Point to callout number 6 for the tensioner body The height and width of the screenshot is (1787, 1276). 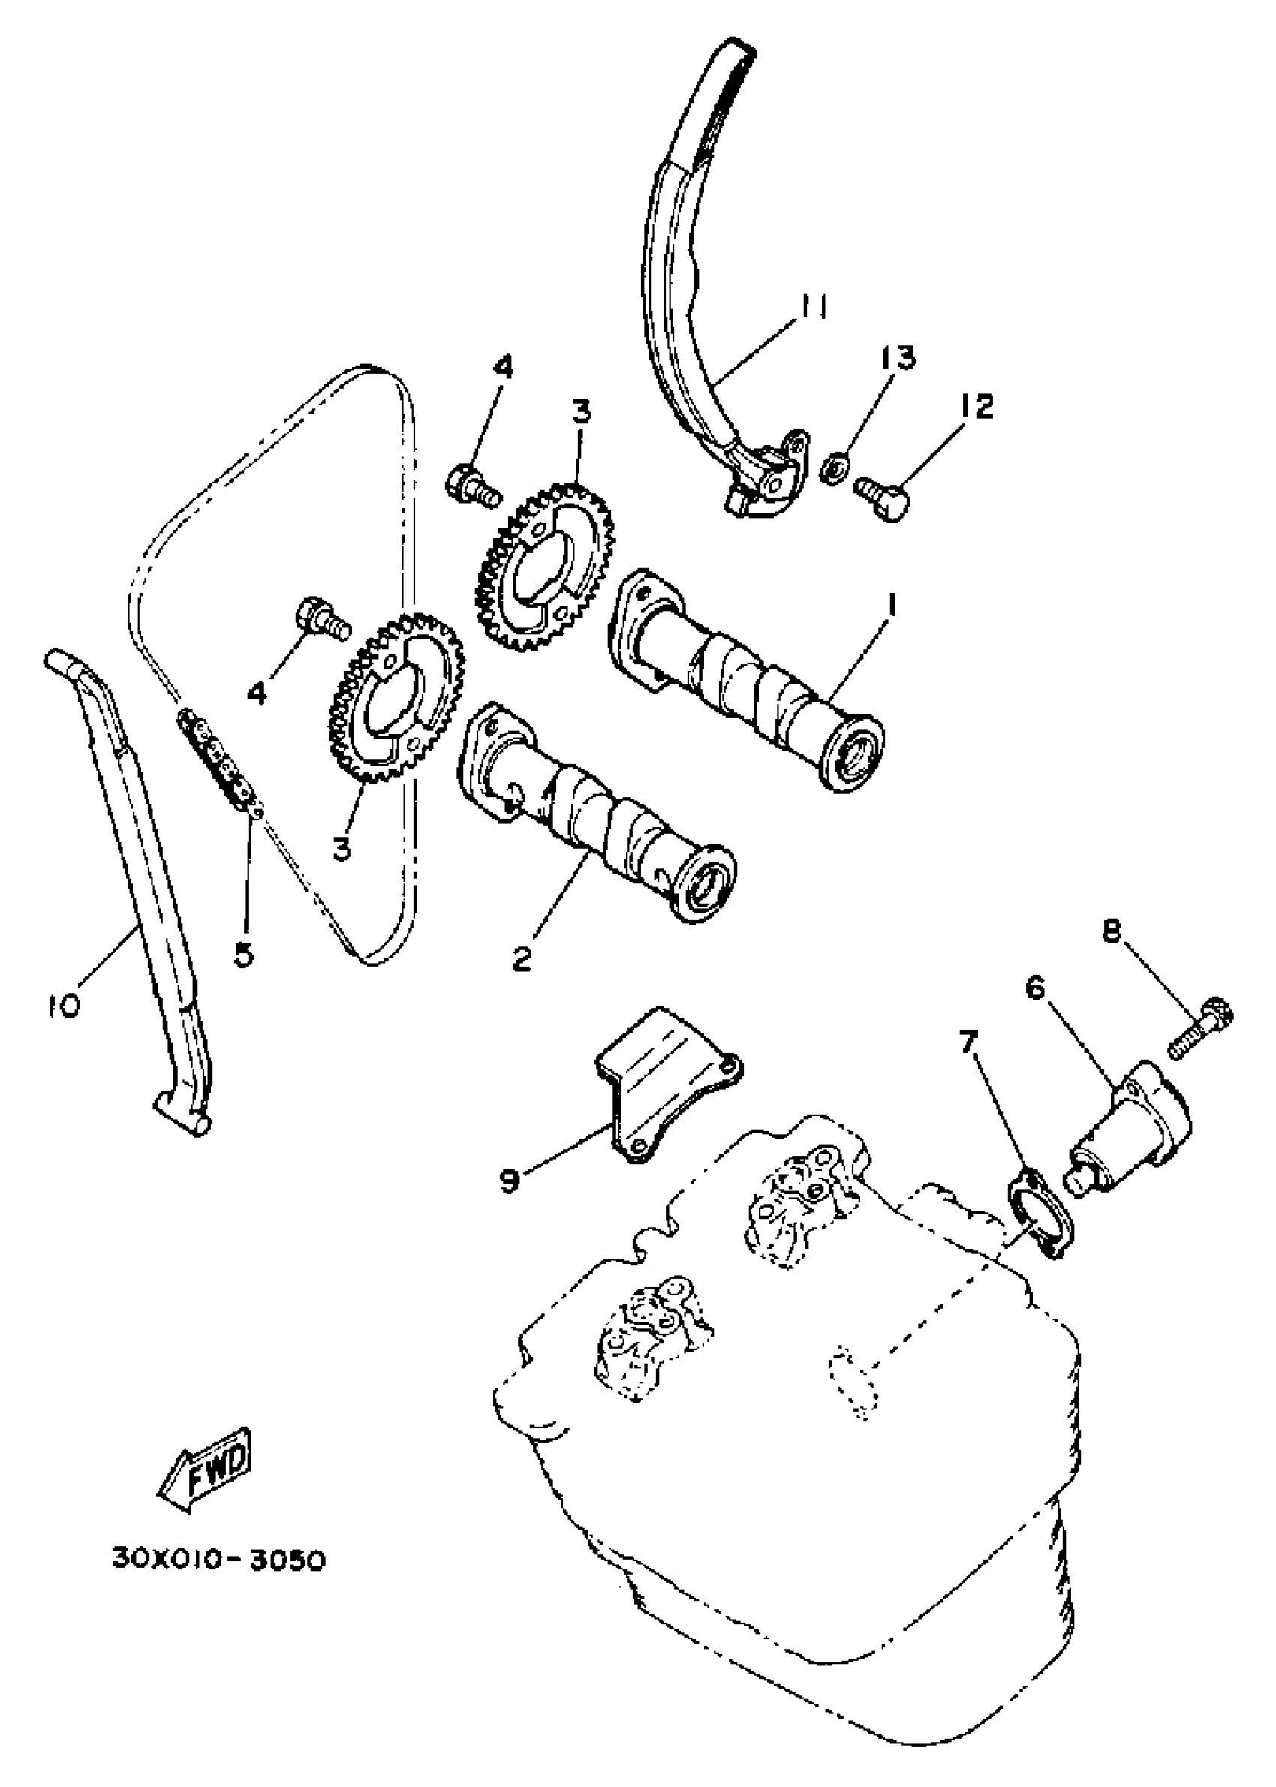click(1037, 989)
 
